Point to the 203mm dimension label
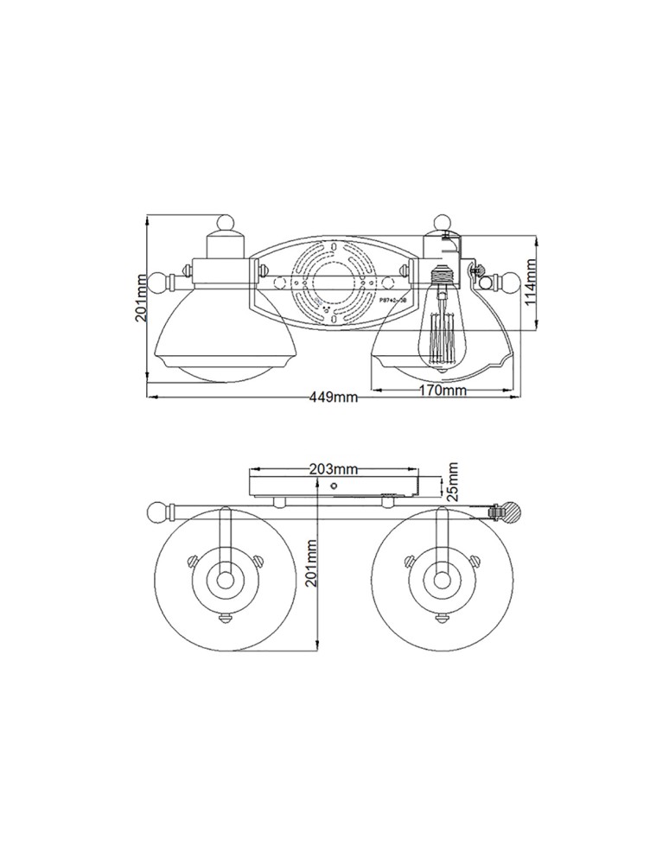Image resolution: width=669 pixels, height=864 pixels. [334, 469]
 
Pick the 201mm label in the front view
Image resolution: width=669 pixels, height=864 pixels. [141, 298]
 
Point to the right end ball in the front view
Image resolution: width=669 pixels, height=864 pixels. [509, 282]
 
